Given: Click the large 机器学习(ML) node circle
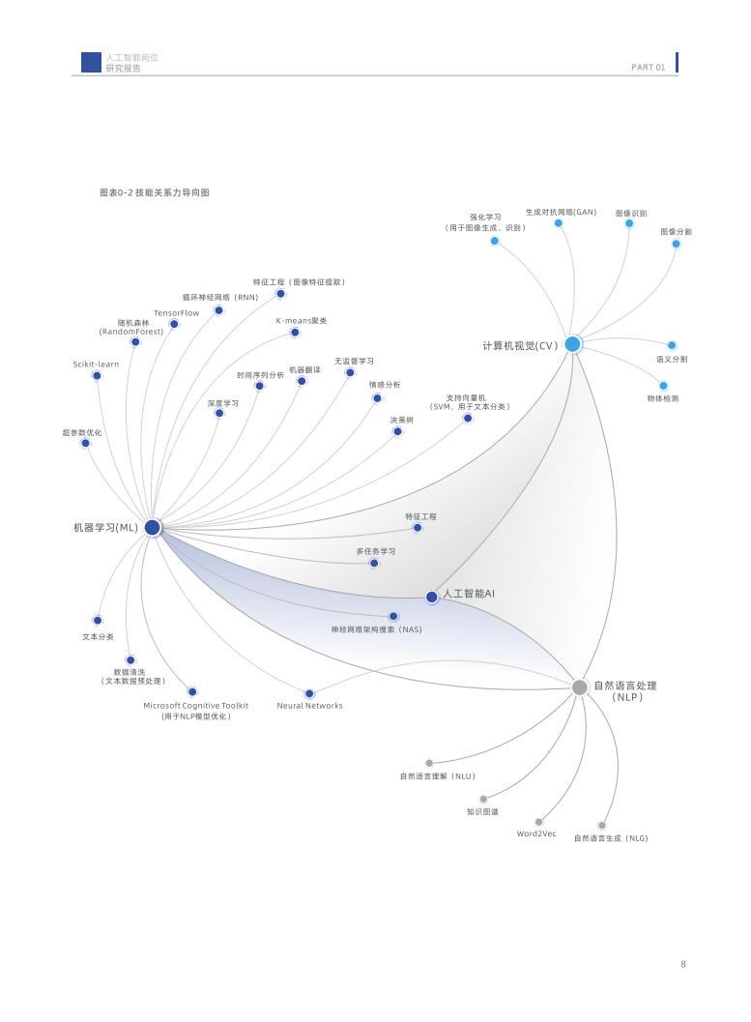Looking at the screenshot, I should pyautogui.click(x=153, y=527).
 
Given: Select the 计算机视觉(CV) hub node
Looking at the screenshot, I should pyautogui.click(x=572, y=344).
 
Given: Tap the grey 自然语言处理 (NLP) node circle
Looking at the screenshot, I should pyautogui.click(x=579, y=687).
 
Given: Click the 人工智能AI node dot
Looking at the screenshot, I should pyautogui.click(x=432, y=597).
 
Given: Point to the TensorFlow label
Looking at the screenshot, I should pyautogui.click(x=177, y=313).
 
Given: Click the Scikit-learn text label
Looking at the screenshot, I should pyautogui.click(x=96, y=365).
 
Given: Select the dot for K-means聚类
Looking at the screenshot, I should pyautogui.click(x=295, y=333).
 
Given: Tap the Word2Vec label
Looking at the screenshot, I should pyautogui.click(x=536, y=833).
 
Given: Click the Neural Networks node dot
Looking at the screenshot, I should pyautogui.click(x=309, y=693).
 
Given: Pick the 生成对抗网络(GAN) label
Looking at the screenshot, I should pyautogui.click(x=561, y=212).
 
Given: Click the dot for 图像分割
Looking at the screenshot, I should pyautogui.click(x=676, y=244).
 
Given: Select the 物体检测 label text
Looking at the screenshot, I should pyautogui.click(x=663, y=398).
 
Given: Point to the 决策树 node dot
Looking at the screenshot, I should pyautogui.click(x=397, y=431).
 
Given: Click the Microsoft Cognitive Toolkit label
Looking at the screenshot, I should pyautogui.click(x=196, y=706).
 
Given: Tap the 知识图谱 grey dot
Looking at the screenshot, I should pyautogui.click(x=483, y=799).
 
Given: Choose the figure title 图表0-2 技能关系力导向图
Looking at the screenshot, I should pyautogui.click(x=155, y=192).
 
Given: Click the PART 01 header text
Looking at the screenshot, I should pyautogui.click(x=648, y=68).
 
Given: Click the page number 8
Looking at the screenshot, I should pyautogui.click(x=683, y=964).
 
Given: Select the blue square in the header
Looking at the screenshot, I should pyautogui.click(x=91, y=63).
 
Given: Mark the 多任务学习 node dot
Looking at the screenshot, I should pyautogui.click(x=374, y=563).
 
